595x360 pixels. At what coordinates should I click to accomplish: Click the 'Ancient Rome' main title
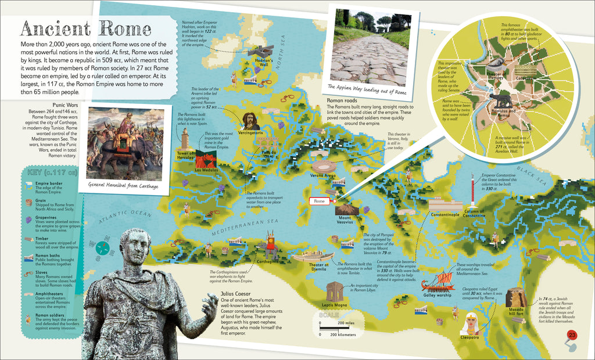coord(86,28)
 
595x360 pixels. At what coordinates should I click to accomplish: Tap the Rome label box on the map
coord(319,201)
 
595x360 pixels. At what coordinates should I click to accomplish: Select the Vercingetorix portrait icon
coord(250,121)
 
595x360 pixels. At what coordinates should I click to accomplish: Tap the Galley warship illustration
coord(436,283)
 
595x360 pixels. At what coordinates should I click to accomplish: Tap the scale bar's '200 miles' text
coord(345,323)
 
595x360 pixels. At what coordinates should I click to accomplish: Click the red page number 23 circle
coord(572,335)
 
